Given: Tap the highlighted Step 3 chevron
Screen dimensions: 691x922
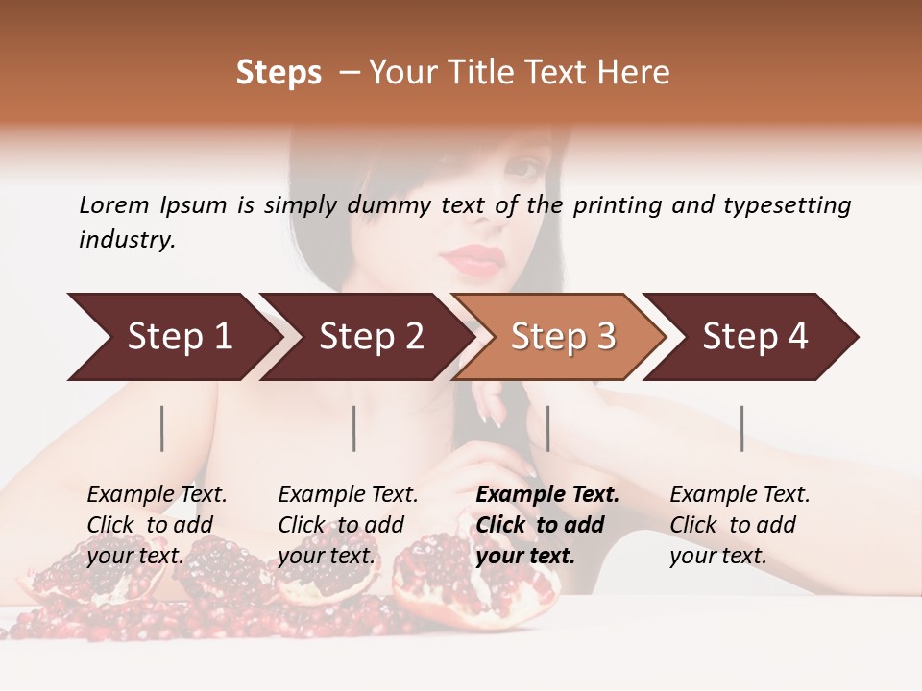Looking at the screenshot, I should point(563,337).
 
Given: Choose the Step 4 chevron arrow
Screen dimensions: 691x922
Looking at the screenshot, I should point(755,337).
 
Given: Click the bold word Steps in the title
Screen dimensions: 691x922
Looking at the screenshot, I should point(279,73).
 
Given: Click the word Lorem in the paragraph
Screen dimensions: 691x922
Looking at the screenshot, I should point(113,204).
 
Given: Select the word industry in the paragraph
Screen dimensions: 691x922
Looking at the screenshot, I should point(127,239).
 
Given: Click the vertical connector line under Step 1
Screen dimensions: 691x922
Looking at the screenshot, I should point(162,428).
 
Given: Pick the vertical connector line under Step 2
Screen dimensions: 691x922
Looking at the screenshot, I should point(354,428).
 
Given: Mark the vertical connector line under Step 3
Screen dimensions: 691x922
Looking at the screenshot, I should point(547,428).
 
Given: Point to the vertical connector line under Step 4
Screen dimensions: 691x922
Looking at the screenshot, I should point(741,428).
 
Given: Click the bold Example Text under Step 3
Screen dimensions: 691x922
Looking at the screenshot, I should point(547,495).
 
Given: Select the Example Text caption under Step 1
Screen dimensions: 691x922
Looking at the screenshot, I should point(157,495).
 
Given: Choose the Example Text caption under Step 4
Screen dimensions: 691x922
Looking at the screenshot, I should point(740,495).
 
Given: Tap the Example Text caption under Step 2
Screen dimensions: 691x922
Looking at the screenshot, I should point(348,495).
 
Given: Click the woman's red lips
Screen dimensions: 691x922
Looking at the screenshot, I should point(473,259).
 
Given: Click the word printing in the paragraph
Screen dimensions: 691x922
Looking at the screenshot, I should point(616,204).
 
